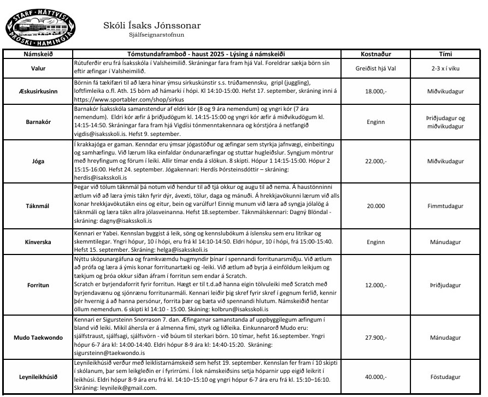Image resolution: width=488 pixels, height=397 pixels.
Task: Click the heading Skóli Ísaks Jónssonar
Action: click(x=152, y=25)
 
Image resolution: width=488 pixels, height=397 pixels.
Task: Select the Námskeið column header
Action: click(x=38, y=55)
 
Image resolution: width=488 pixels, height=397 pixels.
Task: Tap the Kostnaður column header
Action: click(x=375, y=55)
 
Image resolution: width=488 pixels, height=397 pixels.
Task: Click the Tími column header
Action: click(x=445, y=55)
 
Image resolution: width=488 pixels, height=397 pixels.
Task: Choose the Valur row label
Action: click(x=38, y=68)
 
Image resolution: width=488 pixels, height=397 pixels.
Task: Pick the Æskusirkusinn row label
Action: click(x=38, y=92)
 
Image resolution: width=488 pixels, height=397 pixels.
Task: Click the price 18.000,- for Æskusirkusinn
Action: click(x=375, y=92)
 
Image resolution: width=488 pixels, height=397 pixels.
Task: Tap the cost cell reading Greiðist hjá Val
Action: click(x=375, y=68)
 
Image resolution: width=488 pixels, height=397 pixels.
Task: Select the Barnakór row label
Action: click(x=38, y=123)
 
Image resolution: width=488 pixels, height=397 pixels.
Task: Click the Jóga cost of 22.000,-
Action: click(x=375, y=162)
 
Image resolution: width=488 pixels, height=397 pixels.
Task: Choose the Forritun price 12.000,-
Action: click(x=375, y=285)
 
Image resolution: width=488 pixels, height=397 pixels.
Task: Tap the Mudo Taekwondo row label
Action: click(x=38, y=337)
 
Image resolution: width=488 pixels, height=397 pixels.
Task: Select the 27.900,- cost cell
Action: click(x=375, y=337)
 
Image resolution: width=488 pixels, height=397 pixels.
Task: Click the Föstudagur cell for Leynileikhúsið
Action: click(x=445, y=376)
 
